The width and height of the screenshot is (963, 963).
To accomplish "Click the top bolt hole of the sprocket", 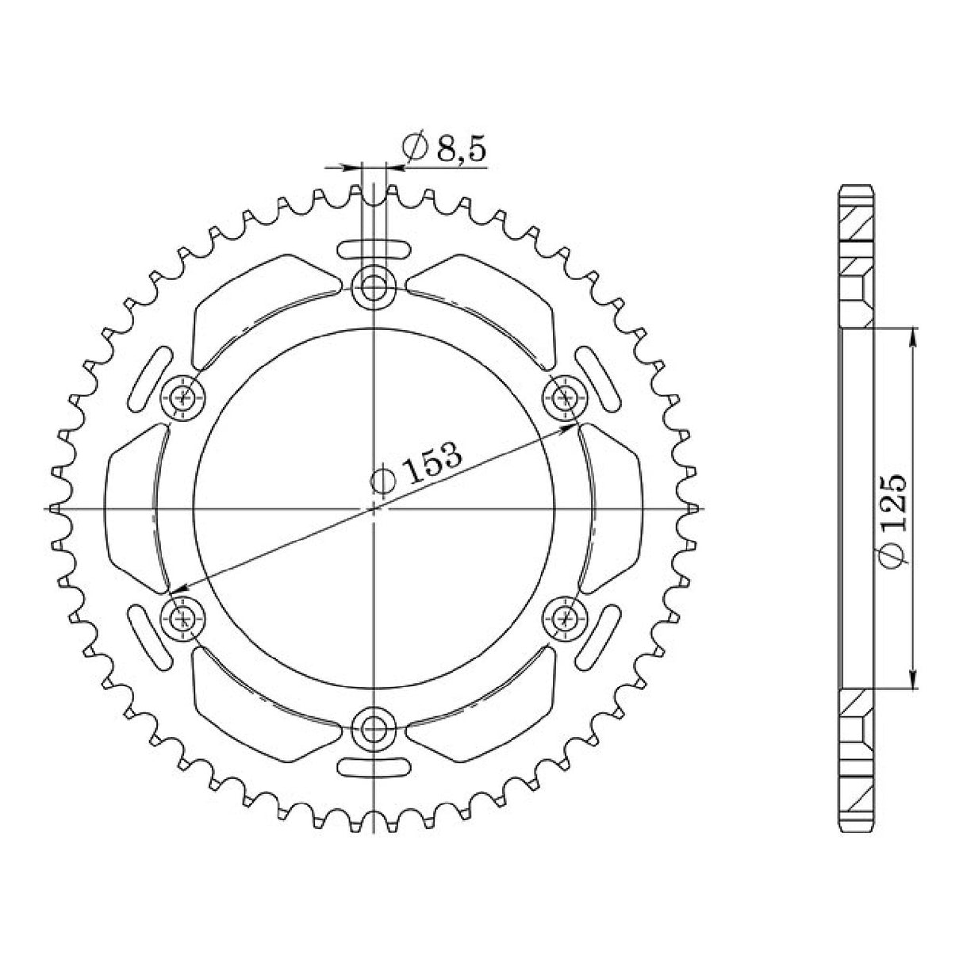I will [x=373, y=286].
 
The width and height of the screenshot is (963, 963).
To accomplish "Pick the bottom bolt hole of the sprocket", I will [x=373, y=725].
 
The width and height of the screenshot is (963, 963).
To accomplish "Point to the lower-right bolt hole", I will [x=565, y=616].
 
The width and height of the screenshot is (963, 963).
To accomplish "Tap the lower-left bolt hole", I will [x=184, y=616].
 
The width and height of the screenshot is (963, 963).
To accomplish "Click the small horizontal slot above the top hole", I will [x=373, y=248].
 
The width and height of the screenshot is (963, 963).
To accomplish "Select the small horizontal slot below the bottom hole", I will [x=373, y=766].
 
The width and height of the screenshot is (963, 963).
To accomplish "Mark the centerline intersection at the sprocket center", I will [x=374, y=507].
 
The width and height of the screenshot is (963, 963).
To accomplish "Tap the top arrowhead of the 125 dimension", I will [x=913, y=334].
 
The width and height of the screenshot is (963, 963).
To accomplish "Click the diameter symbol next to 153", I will [x=383, y=481].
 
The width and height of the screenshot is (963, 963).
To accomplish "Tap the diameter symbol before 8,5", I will [x=416, y=148].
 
